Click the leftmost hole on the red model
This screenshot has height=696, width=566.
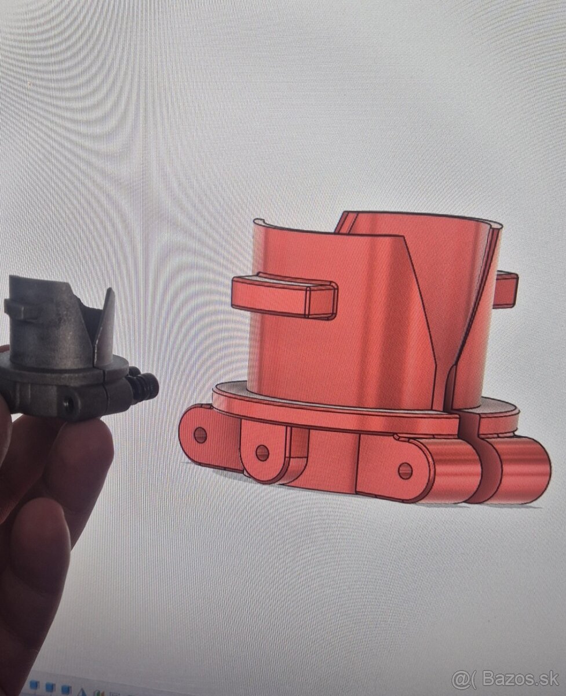pyautogui.click(x=200, y=434)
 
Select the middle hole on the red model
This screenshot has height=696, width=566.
pyautogui.click(x=262, y=452)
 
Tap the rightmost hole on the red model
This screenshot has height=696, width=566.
pyautogui.click(x=406, y=470)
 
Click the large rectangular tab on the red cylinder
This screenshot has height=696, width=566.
pyautogui.click(x=284, y=296)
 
